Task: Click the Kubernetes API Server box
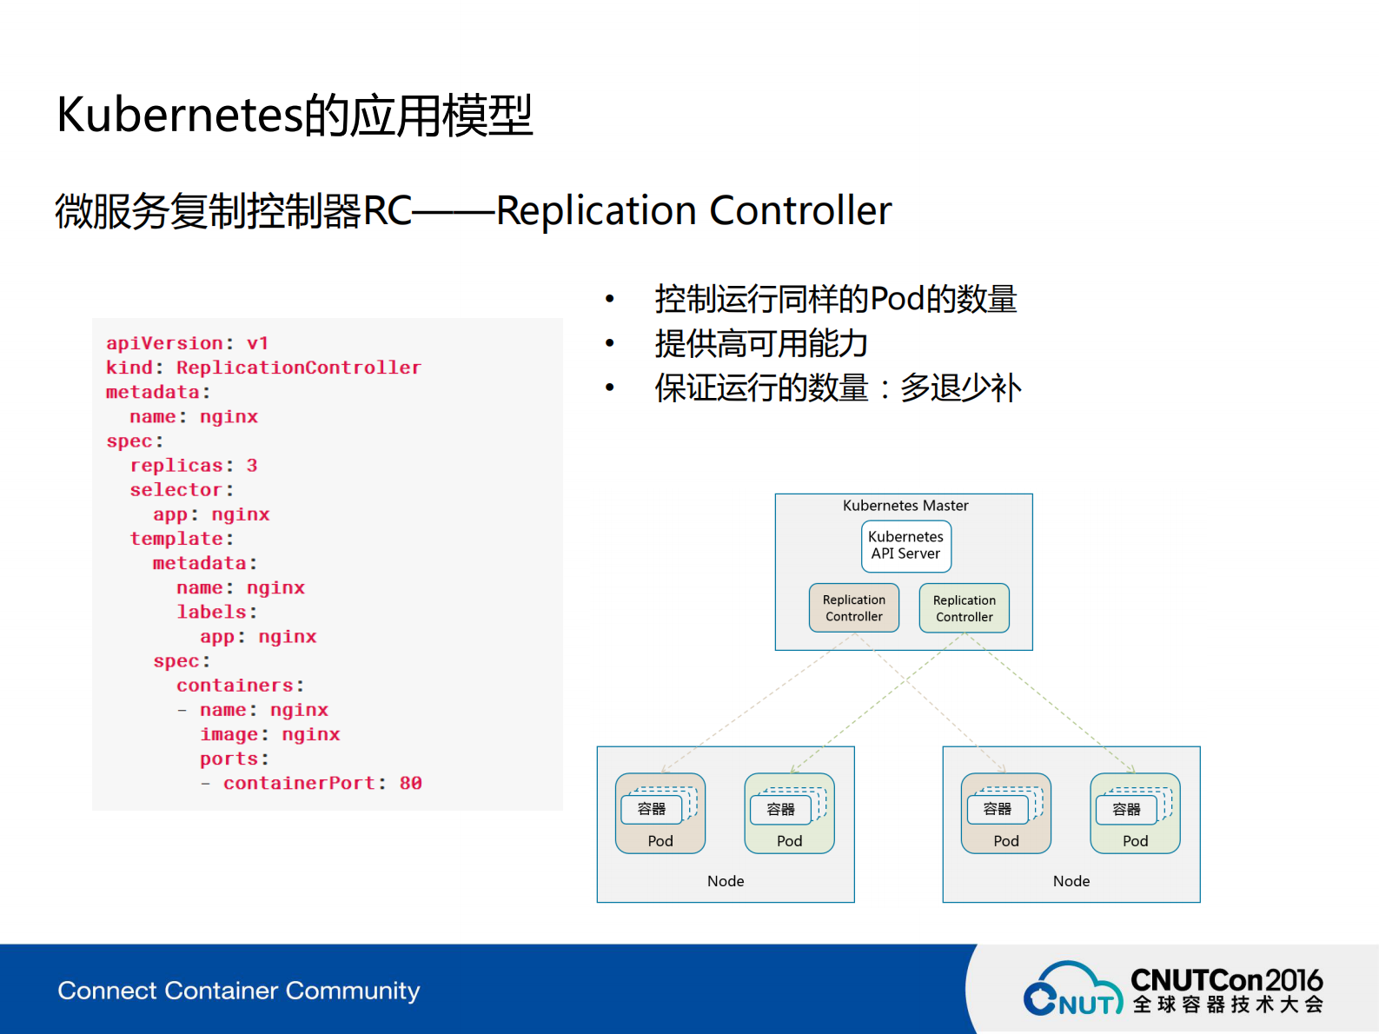click(x=905, y=546)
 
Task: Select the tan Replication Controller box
click(x=853, y=608)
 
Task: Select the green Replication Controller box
click(x=964, y=608)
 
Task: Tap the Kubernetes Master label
click(x=905, y=506)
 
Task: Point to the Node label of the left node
click(x=726, y=881)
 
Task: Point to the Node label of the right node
click(x=1071, y=881)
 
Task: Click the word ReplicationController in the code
click(x=298, y=368)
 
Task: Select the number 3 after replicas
click(x=252, y=466)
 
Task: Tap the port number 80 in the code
click(x=410, y=783)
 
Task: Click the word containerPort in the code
click(x=299, y=783)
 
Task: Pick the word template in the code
click(x=176, y=539)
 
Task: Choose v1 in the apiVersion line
click(x=257, y=343)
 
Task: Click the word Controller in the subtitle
click(x=800, y=211)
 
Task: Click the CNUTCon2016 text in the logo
click(x=1226, y=980)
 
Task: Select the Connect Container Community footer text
click(x=239, y=991)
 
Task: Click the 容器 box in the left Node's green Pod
click(x=780, y=810)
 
